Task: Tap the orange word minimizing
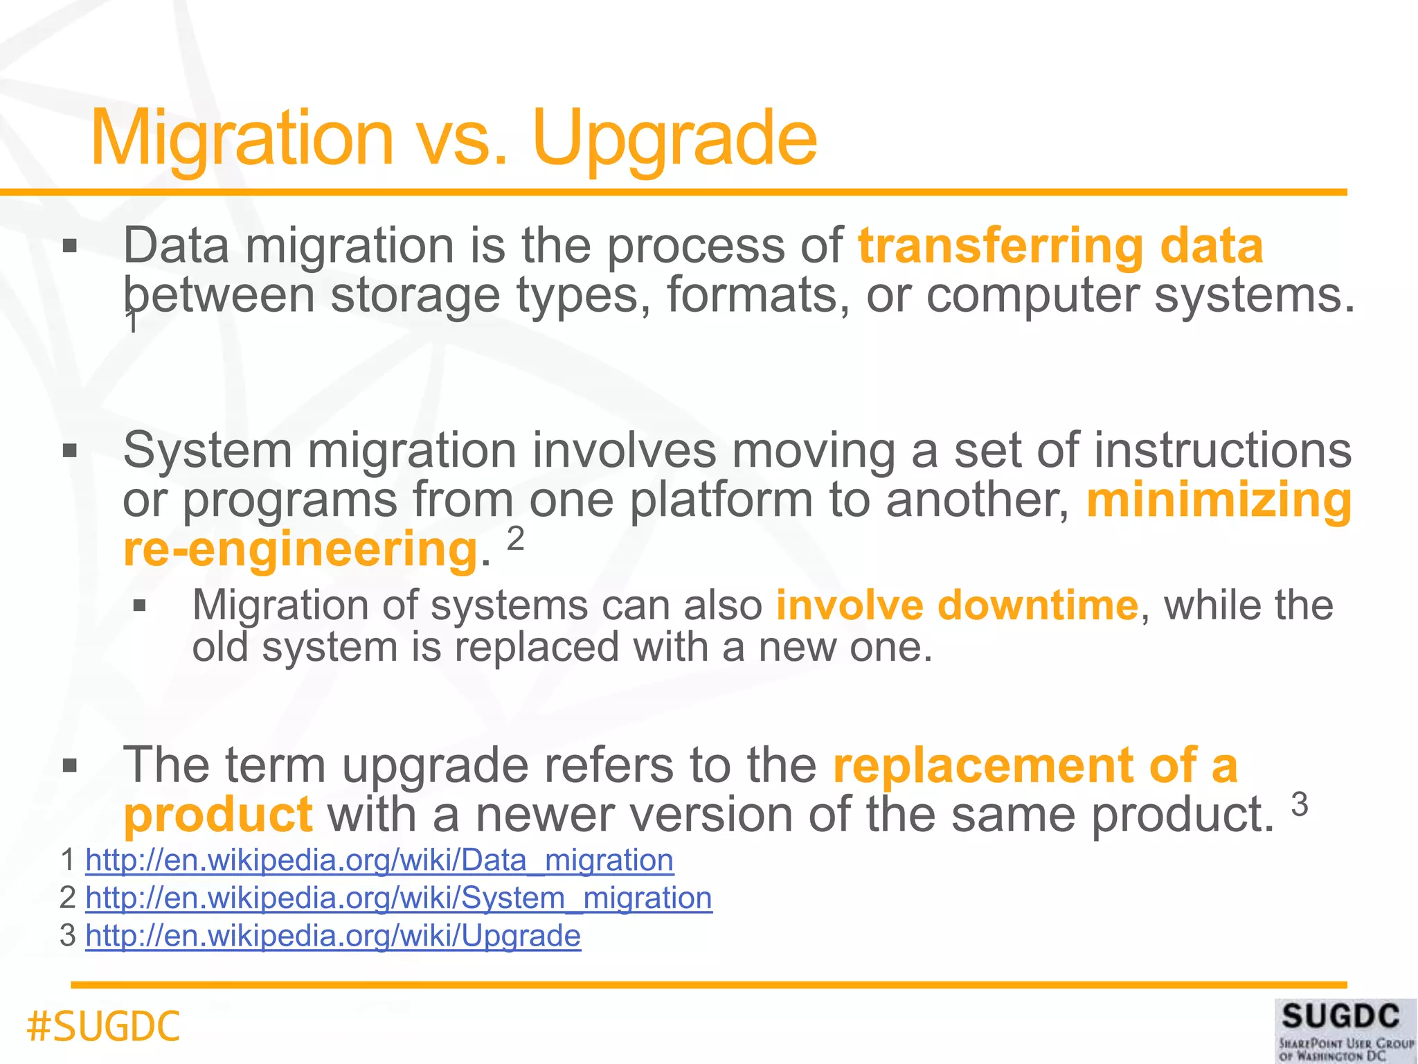pyautogui.click(x=1219, y=500)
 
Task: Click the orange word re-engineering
pyautogui.click(x=300, y=549)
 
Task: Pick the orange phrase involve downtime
pyautogui.click(x=957, y=605)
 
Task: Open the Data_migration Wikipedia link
pyautogui.click(x=379, y=860)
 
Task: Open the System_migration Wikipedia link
pyautogui.click(x=399, y=898)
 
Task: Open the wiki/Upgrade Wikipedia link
pyautogui.click(x=333, y=936)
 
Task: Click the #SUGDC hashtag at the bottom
pyautogui.click(x=103, y=1027)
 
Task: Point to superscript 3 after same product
pyautogui.click(x=1300, y=805)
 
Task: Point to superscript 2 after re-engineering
pyautogui.click(x=516, y=539)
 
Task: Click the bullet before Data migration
pyautogui.click(x=69, y=246)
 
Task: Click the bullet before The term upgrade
pyautogui.click(x=69, y=766)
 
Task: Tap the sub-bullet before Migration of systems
pyautogui.click(x=140, y=606)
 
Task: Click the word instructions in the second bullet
pyautogui.click(x=1223, y=450)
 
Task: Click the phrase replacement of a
pyautogui.click(x=1035, y=765)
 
